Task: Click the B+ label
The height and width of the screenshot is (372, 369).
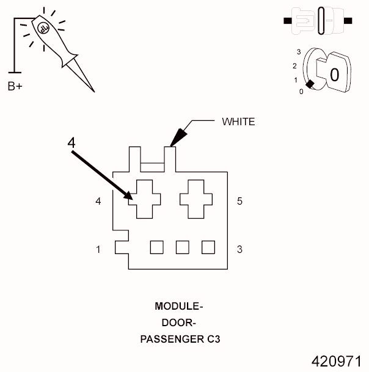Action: [15, 87]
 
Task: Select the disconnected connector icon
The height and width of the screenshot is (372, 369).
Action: [317, 20]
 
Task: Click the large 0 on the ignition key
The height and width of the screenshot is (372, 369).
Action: [334, 75]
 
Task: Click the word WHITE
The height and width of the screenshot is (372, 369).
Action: [238, 122]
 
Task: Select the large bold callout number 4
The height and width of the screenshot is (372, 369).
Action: [71, 142]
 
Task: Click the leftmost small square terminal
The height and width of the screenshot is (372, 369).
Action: [157, 247]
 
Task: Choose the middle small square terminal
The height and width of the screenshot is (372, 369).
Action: [183, 247]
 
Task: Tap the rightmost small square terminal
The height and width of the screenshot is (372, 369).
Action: [208, 247]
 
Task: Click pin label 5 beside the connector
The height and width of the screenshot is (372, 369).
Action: [239, 200]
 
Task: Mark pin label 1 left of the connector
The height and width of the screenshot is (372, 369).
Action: [98, 249]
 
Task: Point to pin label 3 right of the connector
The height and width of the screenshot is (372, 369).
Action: [239, 249]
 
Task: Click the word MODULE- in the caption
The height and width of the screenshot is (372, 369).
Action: [178, 306]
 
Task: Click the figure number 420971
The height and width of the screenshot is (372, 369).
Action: [336, 360]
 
